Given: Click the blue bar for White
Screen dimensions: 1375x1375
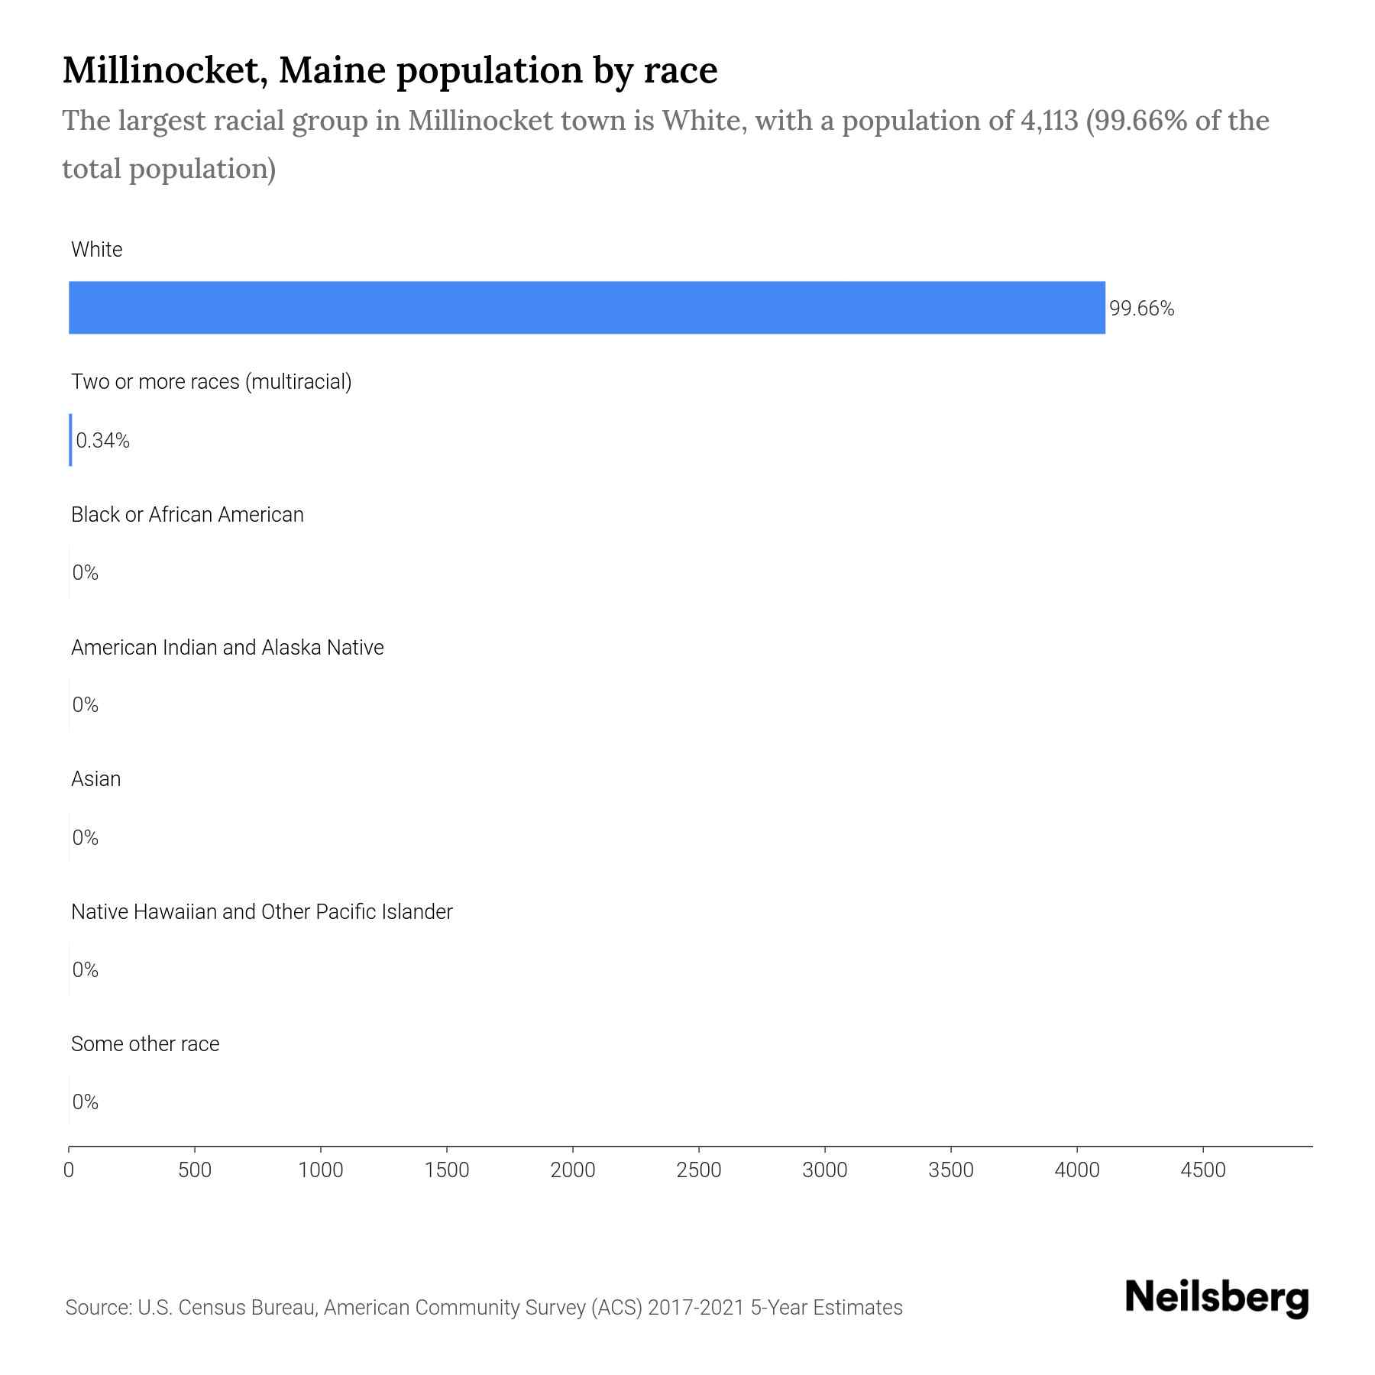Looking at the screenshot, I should [587, 307].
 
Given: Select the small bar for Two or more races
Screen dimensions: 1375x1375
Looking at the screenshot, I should [70, 440].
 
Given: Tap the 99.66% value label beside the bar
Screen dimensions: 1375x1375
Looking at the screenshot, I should [1141, 309].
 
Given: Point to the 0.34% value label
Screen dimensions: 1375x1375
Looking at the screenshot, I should [103, 441].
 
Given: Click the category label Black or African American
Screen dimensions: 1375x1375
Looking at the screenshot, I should [187, 515].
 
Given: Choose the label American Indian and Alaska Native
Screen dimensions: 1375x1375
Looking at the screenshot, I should [227, 648].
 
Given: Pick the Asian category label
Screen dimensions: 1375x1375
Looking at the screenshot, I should [95, 779].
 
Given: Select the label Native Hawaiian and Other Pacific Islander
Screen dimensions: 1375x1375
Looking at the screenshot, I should [261, 912].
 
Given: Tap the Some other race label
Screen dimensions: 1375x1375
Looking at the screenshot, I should [145, 1044].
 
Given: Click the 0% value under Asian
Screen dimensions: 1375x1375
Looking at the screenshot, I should [86, 838].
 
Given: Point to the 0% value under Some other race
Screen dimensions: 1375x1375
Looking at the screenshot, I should [86, 1102].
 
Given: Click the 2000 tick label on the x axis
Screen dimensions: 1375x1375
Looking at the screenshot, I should [573, 1170].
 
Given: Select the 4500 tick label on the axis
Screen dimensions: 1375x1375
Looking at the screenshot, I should [1202, 1170].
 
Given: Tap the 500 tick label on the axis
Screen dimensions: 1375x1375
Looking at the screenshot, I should [195, 1170].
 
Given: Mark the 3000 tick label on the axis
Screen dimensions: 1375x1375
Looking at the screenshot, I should [825, 1170].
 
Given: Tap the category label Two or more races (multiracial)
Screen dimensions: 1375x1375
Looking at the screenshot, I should [211, 382].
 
